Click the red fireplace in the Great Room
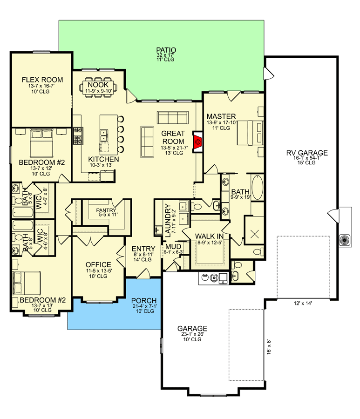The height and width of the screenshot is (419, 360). click(198, 141)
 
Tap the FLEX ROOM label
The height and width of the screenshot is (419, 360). click(42, 80)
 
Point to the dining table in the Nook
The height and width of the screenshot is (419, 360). click(97, 86)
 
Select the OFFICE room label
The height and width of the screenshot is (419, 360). click(98, 265)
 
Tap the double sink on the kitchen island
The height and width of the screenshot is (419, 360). click(104, 135)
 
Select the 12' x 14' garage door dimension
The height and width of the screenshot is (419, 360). click(299, 303)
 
